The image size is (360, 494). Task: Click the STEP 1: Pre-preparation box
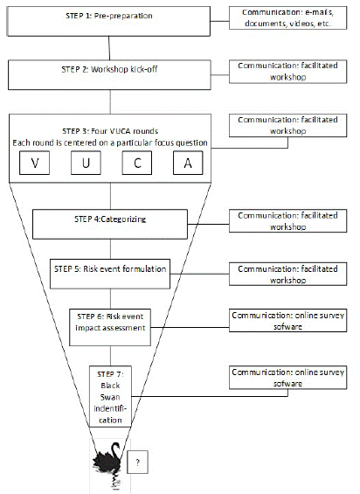[108, 21]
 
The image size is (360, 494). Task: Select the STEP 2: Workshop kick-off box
[109, 75]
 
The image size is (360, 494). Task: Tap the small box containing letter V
[35, 163]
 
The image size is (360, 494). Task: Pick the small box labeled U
[86, 163]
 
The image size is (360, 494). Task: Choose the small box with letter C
[137, 163]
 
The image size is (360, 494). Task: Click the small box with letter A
[188, 163]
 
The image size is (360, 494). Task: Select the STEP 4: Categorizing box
[110, 225]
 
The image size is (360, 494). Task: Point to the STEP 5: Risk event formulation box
[110, 274]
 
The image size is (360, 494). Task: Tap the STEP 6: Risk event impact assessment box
[110, 328]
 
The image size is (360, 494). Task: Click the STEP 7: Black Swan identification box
[110, 397]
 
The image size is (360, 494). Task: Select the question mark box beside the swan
[138, 463]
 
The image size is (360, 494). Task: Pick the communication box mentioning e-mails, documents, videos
[287, 18]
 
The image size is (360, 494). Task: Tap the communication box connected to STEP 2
[287, 72]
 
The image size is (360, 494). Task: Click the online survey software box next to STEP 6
[287, 320]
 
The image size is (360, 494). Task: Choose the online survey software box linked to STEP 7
[287, 378]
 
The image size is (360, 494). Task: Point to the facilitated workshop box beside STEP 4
[287, 221]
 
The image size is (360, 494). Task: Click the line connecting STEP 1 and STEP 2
[109, 48]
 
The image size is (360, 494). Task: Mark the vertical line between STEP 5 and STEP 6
[110, 299]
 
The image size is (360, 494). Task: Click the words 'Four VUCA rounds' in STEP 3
[124, 131]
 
